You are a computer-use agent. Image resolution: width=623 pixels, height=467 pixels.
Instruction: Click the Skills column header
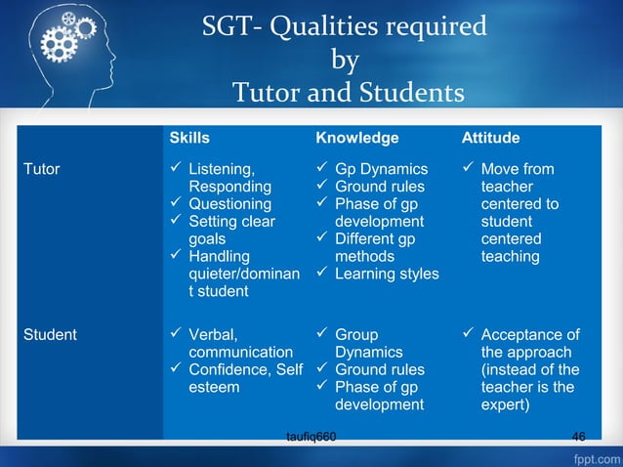point(189,138)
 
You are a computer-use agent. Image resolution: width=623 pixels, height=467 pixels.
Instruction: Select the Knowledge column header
point(356,138)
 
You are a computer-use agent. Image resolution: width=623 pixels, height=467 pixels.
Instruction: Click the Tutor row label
point(41,169)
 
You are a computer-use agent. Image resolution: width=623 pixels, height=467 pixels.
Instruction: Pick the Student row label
point(50,335)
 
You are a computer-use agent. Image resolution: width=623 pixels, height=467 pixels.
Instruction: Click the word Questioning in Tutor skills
point(229,204)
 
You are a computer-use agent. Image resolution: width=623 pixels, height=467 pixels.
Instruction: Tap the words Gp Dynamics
point(381,169)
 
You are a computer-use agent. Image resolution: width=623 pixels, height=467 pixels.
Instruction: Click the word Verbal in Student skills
point(212,335)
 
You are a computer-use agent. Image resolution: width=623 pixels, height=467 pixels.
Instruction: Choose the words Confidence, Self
point(245,370)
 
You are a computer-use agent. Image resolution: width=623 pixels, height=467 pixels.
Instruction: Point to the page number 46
point(579,436)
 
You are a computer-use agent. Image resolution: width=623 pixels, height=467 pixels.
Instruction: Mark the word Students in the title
point(411,94)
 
